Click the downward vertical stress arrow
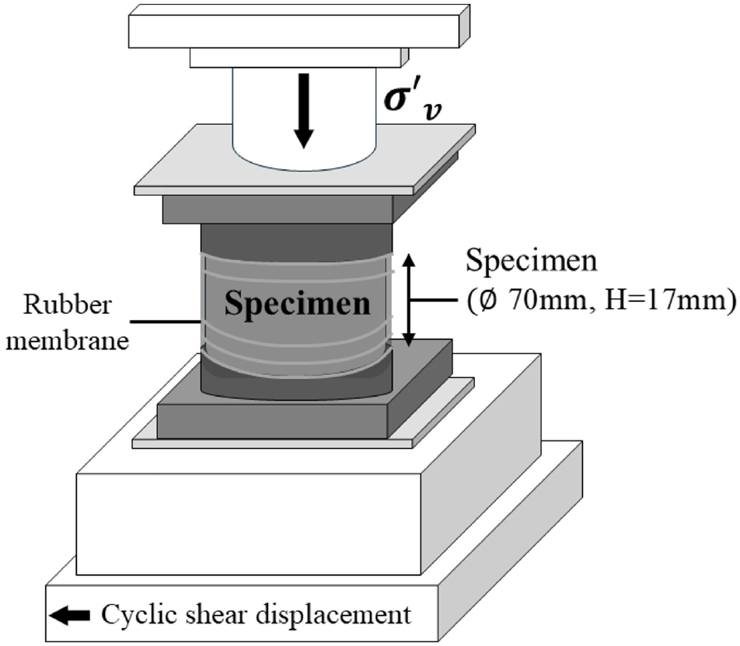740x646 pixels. [x=303, y=111]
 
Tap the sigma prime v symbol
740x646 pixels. [x=413, y=102]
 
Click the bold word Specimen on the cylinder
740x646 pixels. [x=297, y=303]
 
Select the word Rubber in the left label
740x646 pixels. [x=68, y=304]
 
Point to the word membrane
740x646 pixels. [x=68, y=339]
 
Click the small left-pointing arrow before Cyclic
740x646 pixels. [x=69, y=615]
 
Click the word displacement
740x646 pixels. [x=333, y=616]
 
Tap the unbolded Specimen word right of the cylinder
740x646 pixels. [x=532, y=260]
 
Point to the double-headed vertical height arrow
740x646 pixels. [x=409, y=300]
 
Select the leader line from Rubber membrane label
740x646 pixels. [x=165, y=322]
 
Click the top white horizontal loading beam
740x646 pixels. [x=299, y=26]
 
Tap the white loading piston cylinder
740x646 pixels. [x=305, y=118]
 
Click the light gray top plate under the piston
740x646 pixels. [x=305, y=160]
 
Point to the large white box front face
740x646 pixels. [x=248, y=523]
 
